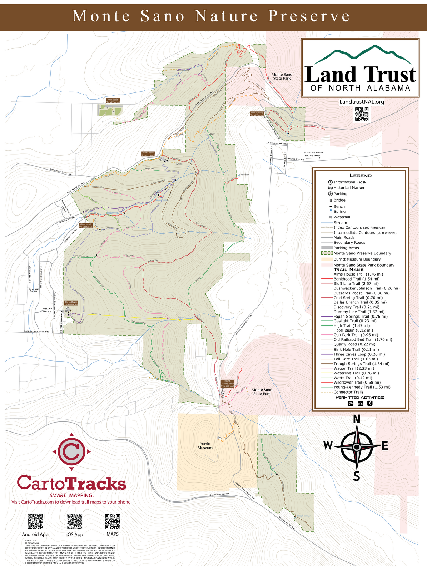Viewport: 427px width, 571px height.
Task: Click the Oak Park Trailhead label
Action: click(x=113, y=101)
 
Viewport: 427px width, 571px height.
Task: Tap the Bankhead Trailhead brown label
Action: click(x=148, y=154)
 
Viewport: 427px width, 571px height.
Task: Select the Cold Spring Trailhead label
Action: click(x=257, y=114)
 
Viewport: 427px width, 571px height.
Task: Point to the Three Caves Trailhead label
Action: click(x=71, y=303)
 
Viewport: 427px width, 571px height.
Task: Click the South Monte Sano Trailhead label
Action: click(x=227, y=384)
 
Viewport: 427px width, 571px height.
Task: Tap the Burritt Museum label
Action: click(x=205, y=446)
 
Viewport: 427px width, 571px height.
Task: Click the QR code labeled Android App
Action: click(x=35, y=521)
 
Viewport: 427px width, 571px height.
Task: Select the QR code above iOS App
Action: click(x=75, y=521)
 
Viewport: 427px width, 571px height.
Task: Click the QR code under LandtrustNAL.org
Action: click(x=362, y=114)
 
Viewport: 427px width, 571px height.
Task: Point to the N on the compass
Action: click(x=356, y=419)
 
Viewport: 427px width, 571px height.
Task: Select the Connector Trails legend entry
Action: click(x=348, y=392)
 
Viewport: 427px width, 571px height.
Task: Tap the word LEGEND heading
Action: click(x=360, y=175)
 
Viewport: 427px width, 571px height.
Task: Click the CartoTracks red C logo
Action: click(x=71, y=451)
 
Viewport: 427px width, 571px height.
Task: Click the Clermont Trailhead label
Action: click(x=86, y=226)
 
